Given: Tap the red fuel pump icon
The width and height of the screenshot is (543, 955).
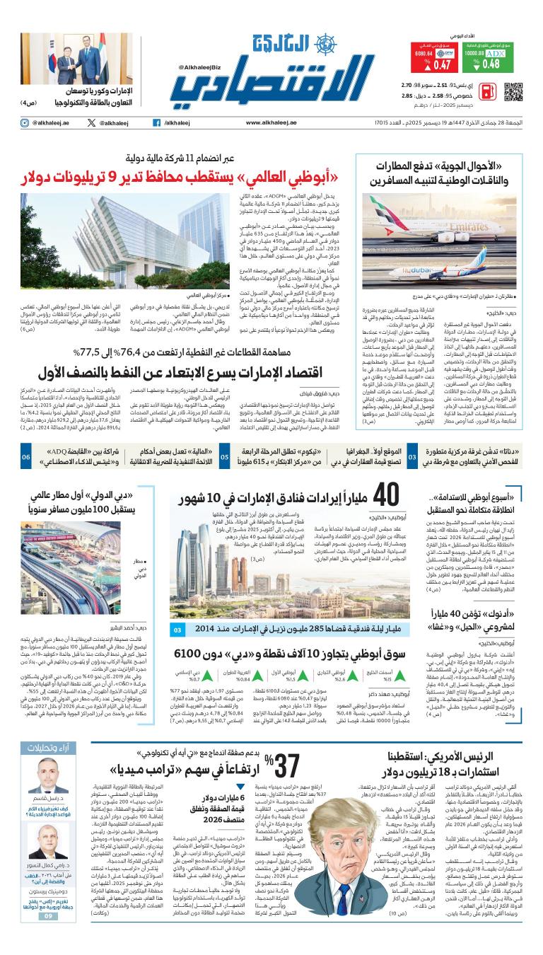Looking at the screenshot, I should coord(486,91).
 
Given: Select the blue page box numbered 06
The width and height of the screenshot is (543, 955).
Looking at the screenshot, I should coord(25,458).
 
